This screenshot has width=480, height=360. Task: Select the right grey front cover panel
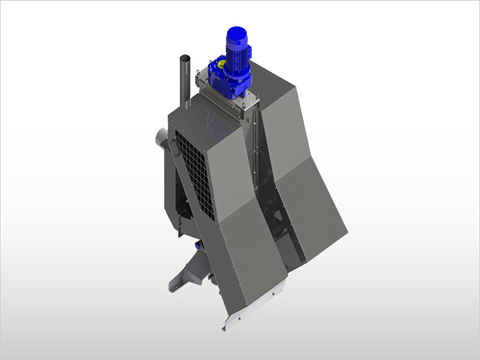[x=310, y=210]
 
